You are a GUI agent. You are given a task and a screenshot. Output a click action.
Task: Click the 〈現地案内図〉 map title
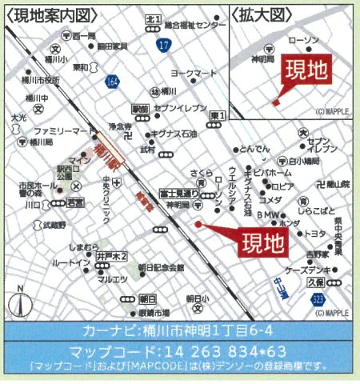(46, 15)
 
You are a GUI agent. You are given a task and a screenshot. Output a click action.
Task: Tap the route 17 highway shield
(163, 47)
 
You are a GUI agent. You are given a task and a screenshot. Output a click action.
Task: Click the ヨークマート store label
(199, 73)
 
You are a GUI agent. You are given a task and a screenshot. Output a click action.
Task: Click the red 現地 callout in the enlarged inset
(306, 71)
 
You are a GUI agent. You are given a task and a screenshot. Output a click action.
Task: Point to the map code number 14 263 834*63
(179, 350)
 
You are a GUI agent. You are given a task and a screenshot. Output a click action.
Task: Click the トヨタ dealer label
(316, 233)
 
